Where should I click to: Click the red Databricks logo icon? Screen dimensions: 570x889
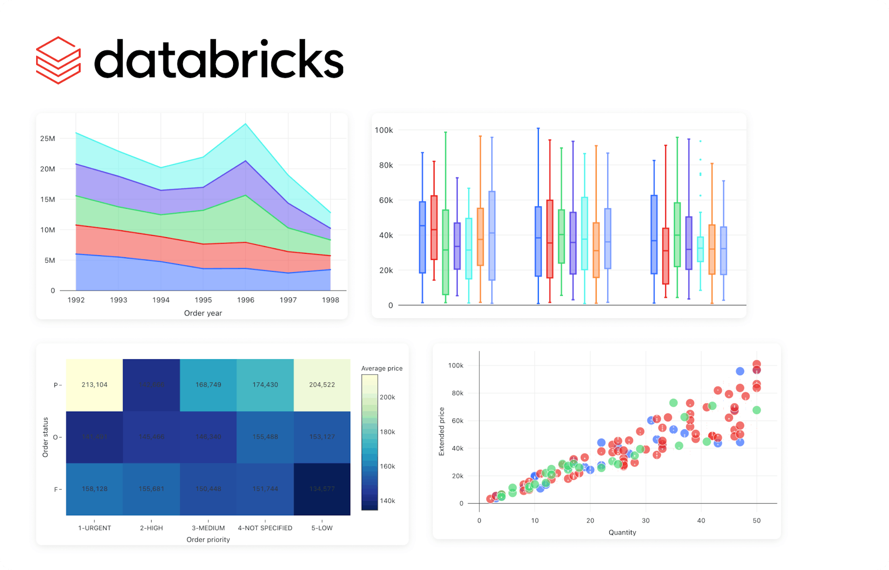click(x=58, y=60)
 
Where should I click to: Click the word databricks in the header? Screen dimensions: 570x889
click(x=219, y=60)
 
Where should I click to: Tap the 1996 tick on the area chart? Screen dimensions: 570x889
click(x=245, y=300)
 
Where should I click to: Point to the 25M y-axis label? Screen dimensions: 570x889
click(x=48, y=139)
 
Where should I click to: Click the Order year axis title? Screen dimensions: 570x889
click(x=203, y=313)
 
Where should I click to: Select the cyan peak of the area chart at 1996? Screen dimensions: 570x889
click(x=246, y=124)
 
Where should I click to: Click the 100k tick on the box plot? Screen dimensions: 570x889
click(x=384, y=130)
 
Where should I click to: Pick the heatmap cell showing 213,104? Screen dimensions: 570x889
click(x=94, y=385)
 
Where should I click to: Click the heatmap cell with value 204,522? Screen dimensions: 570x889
click(x=322, y=385)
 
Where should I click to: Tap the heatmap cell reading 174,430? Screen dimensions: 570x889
click(x=265, y=385)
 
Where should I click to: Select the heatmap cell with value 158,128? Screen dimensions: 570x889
click(x=94, y=489)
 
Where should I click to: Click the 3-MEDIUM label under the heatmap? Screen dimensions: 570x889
click(x=208, y=528)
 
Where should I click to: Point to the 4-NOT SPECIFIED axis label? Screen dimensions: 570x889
click(x=265, y=528)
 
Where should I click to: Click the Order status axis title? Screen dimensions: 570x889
click(x=46, y=437)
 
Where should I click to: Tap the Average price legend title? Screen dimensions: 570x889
click(x=382, y=369)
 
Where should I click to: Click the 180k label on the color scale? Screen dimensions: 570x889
click(x=387, y=432)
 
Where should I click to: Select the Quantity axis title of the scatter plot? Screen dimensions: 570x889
click(x=622, y=532)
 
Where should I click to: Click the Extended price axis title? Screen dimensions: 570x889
click(x=442, y=431)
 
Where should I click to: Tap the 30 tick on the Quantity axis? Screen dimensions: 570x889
click(x=646, y=520)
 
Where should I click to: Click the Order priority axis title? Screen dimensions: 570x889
click(x=208, y=540)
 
